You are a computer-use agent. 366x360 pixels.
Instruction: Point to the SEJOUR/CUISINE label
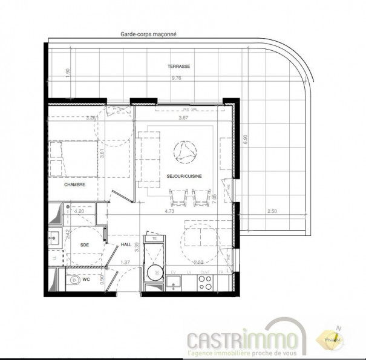coord(184,175)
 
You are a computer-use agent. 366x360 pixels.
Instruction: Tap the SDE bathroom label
coord(84,245)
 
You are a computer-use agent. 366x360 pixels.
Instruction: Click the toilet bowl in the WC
coord(74,280)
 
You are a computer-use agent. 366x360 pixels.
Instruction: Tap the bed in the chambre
coord(70,157)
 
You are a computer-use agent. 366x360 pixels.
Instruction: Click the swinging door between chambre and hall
coord(120,197)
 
